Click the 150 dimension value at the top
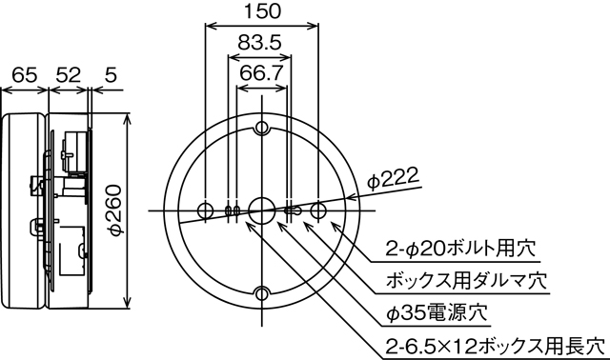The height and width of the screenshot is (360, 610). [260, 12]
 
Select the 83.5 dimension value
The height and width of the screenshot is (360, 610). [259, 44]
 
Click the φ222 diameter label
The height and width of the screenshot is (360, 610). [393, 178]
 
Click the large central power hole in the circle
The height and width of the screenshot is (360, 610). [260, 210]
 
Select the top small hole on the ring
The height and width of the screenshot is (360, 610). [261, 129]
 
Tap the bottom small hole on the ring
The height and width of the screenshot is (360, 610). [261, 291]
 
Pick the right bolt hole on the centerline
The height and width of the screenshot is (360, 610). [317, 210]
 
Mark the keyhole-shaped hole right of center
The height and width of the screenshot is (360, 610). [294, 210]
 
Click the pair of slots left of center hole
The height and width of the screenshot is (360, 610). [232, 210]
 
